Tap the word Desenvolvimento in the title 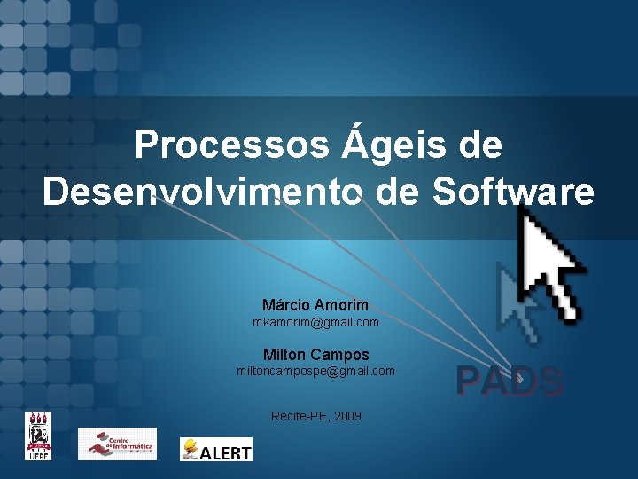[x=203, y=192]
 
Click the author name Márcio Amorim [x=315, y=305]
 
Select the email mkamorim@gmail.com [x=315, y=322]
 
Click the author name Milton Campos [x=315, y=355]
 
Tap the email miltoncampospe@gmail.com [x=315, y=371]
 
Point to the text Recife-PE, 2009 [x=315, y=416]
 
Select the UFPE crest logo [x=38, y=436]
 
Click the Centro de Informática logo [x=116, y=444]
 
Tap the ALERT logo [x=216, y=449]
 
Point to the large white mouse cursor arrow [x=549, y=262]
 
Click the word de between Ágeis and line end [x=480, y=145]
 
